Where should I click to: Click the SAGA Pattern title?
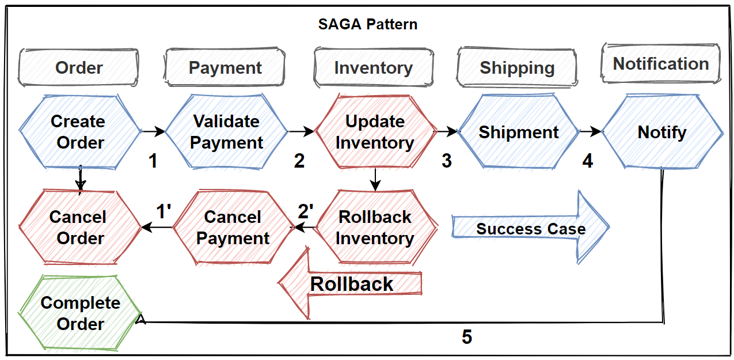pyautogui.click(x=367, y=25)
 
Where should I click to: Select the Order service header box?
pyautogui.click(x=79, y=67)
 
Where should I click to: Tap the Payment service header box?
pyautogui.click(x=225, y=67)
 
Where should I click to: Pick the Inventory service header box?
pyautogui.click(x=373, y=67)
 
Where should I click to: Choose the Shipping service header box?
pyautogui.click(x=517, y=67)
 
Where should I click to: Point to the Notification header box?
pyautogui.click(x=660, y=63)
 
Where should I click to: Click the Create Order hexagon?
pyautogui.click(x=79, y=132)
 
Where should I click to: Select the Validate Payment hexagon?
pyautogui.click(x=226, y=132)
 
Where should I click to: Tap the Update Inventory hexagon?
pyautogui.click(x=375, y=132)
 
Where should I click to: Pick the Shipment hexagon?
pyautogui.click(x=518, y=132)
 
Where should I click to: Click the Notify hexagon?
pyautogui.click(x=662, y=132)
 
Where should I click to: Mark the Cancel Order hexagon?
pyautogui.click(x=80, y=228)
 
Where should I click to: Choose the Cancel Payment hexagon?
pyautogui.click(x=233, y=228)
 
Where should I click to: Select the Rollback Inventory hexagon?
pyautogui.click(x=375, y=228)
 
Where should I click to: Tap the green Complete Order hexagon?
pyautogui.click(x=80, y=313)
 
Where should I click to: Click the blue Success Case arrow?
pyautogui.click(x=530, y=229)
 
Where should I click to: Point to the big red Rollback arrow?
pyautogui.click(x=351, y=284)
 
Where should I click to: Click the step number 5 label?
pyautogui.click(x=467, y=337)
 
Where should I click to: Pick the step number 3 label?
pyautogui.click(x=447, y=161)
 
